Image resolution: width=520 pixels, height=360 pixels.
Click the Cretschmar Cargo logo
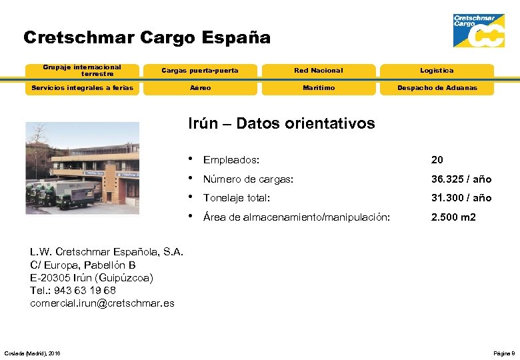point(478,31)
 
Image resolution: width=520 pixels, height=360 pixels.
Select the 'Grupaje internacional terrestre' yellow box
point(82,70)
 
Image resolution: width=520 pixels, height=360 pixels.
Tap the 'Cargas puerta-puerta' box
point(200,71)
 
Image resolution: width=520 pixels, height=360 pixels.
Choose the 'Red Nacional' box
point(319,71)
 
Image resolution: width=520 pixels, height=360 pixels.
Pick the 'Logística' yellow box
point(437,71)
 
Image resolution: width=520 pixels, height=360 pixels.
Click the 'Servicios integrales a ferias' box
point(82,88)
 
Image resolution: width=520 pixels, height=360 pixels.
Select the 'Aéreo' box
point(200,88)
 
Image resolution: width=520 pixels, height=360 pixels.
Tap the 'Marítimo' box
point(319,88)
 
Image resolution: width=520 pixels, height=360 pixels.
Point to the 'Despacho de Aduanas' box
point(437,88)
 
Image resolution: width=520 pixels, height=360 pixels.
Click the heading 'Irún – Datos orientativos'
point(282,123)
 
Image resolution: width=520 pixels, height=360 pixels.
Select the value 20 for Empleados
point(437,160)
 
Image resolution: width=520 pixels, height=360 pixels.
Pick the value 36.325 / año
point(461,179)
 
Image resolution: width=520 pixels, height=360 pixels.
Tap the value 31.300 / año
point(461,198)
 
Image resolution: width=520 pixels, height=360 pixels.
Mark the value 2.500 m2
point(453,217)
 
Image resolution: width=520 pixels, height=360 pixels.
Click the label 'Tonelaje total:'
point(236,198)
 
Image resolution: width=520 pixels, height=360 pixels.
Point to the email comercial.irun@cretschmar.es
point(102,303)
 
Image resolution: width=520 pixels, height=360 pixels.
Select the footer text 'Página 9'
point(503,353)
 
